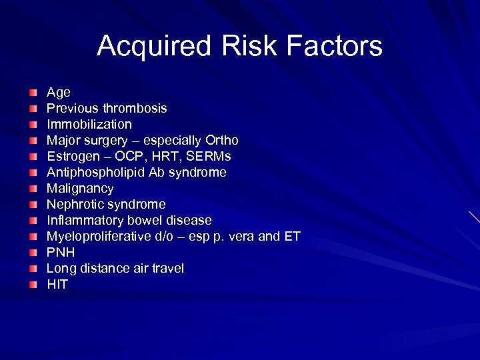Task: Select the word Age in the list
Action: click(58, 92)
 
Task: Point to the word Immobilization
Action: click(89, 124)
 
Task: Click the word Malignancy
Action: click(79, 188)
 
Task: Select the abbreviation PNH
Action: click(60, 252)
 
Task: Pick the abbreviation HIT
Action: click(57, 284)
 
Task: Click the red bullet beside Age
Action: click(33, 93)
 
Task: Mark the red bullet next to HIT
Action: click(33, 285)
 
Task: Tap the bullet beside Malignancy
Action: click(33, 189)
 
